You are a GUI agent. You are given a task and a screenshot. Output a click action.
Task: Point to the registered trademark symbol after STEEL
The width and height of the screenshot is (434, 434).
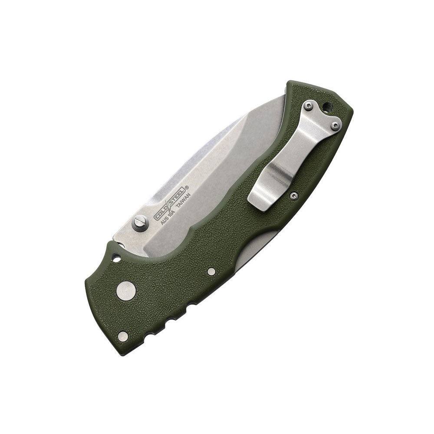[187, 187]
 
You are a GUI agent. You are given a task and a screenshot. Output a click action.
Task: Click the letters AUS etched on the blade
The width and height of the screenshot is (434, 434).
[164, 220]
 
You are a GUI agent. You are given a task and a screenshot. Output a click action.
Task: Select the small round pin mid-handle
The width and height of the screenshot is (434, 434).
[212, 272]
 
